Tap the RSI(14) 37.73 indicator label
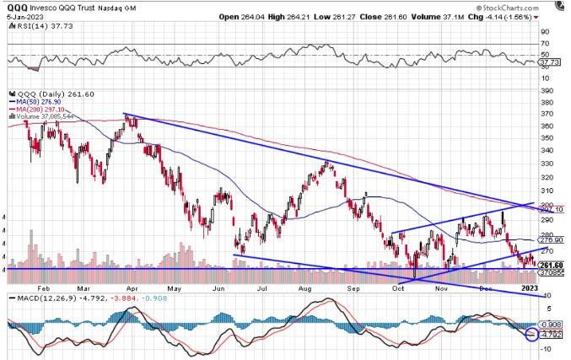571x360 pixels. [32, 25]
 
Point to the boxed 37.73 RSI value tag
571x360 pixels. [550, 62]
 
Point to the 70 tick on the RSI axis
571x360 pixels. [546, 44]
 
